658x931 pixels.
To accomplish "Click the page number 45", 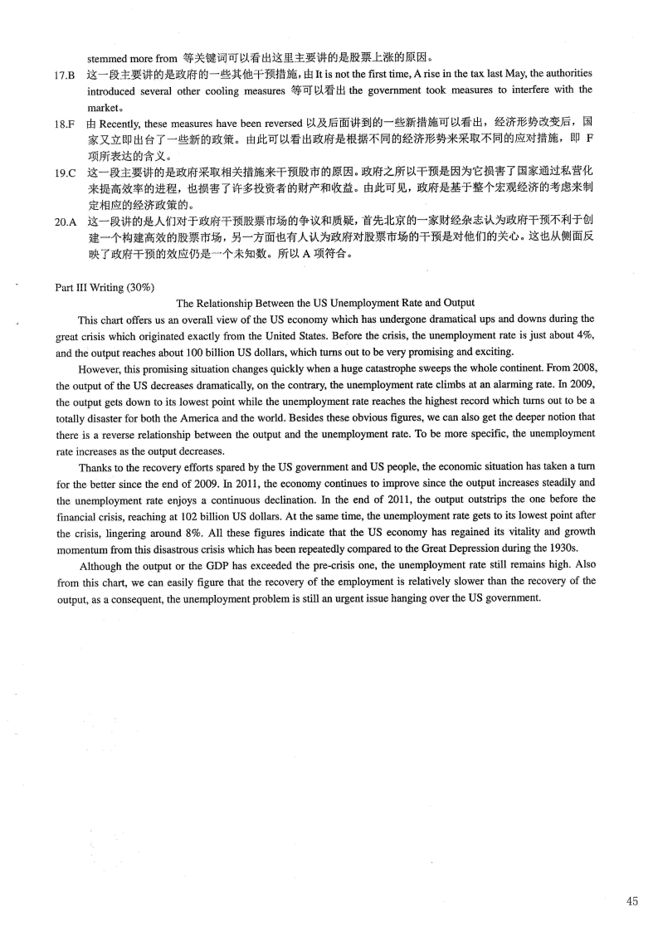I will point(632,901).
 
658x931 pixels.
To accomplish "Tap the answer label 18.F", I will point(66,124).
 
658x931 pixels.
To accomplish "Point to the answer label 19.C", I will point(66,173).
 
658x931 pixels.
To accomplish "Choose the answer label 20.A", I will point(66,222).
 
